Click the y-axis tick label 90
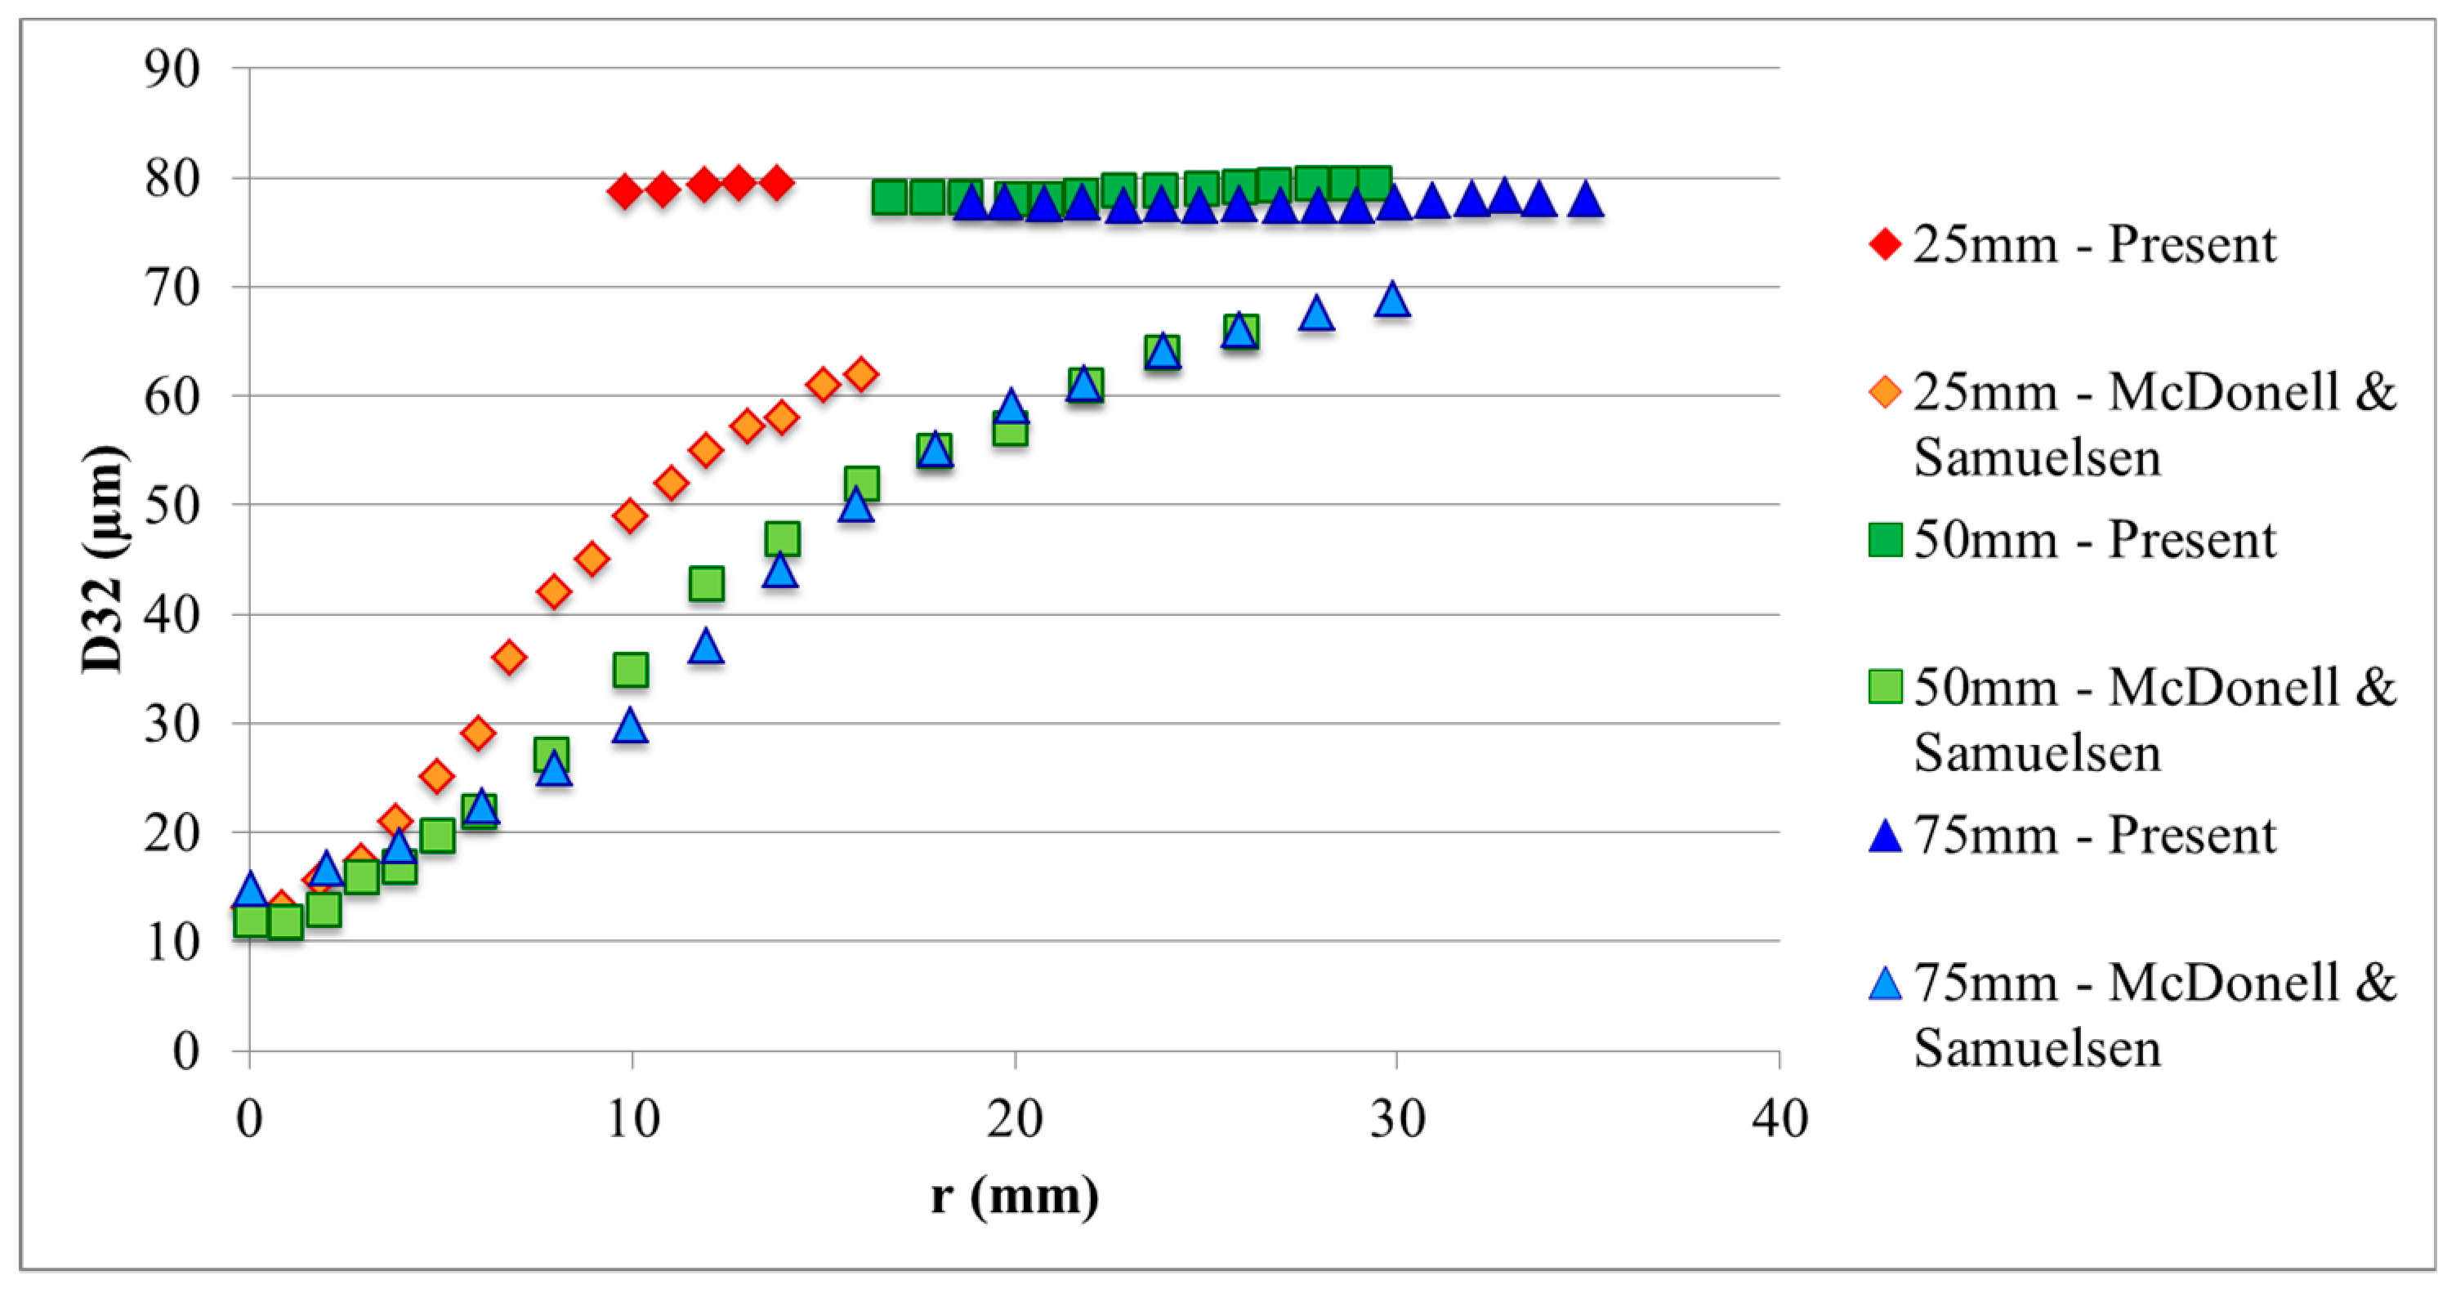(x=172, y=69)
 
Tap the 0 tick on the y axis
(x=186, y=1050)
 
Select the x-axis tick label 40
(x=1779, y=1117)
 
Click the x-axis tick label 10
(x=632, y=1117)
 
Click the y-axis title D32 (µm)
(x=103, y=560)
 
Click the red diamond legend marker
(x=1886, y=244)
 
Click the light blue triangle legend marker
(x=1886, y=983)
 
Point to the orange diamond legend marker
(x=1886, y=392)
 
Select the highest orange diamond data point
(x=862, y=374)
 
